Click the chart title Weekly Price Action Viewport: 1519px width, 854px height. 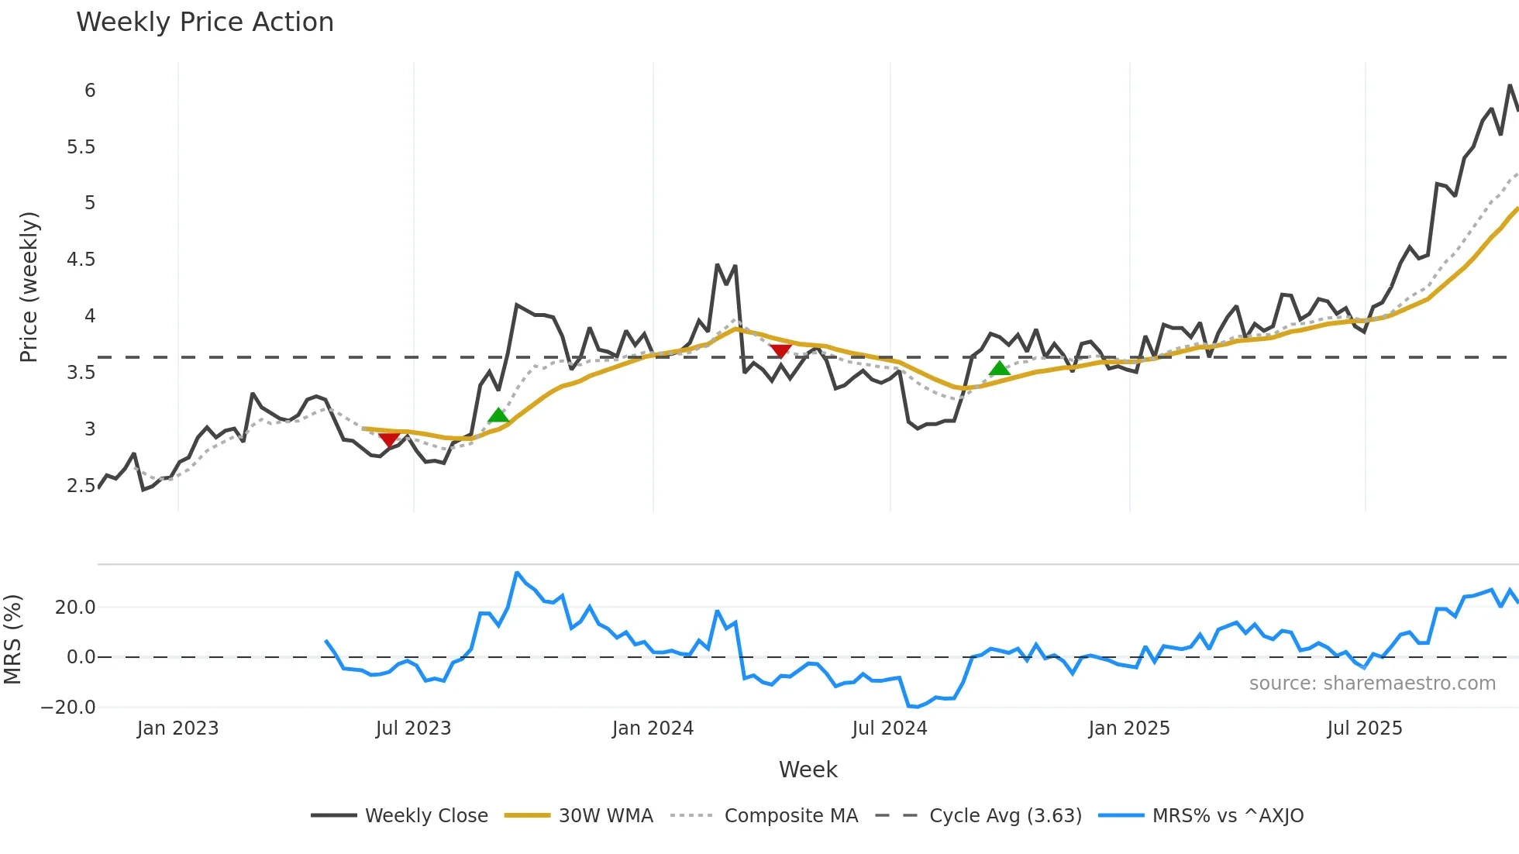coord(205,22)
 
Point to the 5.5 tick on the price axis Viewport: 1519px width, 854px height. coord(81,147)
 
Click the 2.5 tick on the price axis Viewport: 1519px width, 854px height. coord(81,486)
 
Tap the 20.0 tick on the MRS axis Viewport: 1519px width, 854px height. coord(75,608)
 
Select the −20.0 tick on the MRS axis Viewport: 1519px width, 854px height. coord(68,708)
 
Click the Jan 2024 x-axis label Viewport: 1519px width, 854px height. coord(653,728)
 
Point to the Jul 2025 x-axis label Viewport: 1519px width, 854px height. coord(1364,728)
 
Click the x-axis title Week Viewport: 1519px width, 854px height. coord(808,770)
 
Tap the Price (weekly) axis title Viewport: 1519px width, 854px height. coord(29,287)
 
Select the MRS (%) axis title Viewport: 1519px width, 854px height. coord(12,639)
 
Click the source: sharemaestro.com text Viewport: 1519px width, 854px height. coord(1372,684)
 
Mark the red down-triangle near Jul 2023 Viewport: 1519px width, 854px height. coord(389,440)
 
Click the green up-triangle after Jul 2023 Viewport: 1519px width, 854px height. coord(498,415)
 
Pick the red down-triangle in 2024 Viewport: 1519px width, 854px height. coord(780,351)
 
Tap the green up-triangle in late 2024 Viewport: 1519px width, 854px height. coord(1000,368)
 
